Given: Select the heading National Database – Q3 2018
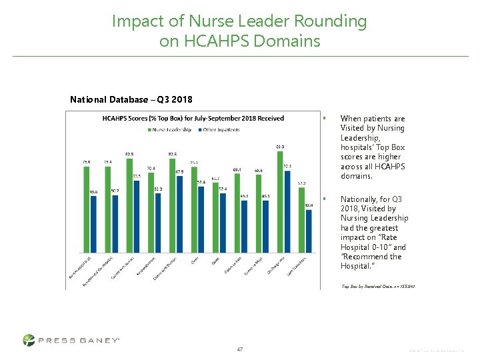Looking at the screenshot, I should (x=131, y=99).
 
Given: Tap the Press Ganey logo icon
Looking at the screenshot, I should (x=29, y=340).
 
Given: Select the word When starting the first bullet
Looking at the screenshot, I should (x=351, y=119).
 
